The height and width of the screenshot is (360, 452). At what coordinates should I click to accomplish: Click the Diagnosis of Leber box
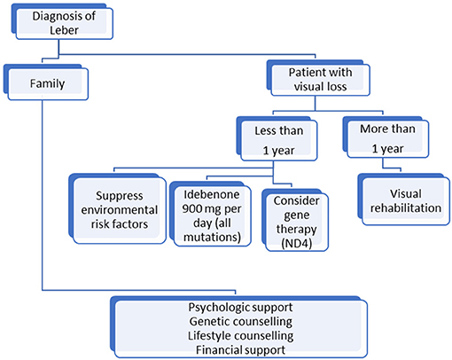(62, 21)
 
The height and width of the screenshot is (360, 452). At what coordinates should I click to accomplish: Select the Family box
(46, 82)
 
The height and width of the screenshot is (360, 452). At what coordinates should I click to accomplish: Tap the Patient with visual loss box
(318, 78)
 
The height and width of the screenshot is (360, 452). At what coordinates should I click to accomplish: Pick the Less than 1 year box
(277, 139)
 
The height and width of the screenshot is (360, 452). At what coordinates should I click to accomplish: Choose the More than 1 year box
(386, 137)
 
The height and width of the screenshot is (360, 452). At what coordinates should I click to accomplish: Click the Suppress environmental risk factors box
(118, 208)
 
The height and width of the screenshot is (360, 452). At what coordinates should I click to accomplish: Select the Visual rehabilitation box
(404, 200)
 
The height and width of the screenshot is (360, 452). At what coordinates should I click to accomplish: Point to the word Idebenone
(212, 194)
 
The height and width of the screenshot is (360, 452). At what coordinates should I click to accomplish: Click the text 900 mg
(199, 209)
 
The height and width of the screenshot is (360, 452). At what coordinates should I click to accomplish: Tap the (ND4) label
(296, 244)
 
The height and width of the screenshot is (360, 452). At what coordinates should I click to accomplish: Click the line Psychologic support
(240, 308)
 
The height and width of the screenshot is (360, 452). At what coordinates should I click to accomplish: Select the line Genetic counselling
(241, 322)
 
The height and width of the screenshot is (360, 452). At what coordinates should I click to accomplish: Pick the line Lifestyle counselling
(241, 336)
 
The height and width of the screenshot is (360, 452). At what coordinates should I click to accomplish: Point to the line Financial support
(240, 350)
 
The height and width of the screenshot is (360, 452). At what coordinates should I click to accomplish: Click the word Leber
(64, 30)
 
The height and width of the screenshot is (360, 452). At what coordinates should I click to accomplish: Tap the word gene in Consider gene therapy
(296, 215)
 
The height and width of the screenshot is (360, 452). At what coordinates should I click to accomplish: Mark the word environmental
(120, 210)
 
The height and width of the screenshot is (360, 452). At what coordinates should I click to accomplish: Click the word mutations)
(212, 237)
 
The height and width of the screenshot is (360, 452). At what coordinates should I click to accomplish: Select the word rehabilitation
(406, 207)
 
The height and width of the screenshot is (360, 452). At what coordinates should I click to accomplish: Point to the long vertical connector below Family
(43, 195)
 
